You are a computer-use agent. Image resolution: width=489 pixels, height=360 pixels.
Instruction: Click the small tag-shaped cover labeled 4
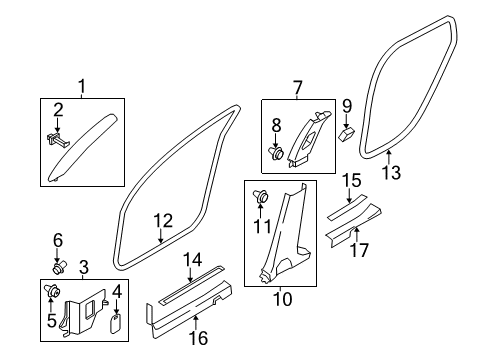click(115, 324)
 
